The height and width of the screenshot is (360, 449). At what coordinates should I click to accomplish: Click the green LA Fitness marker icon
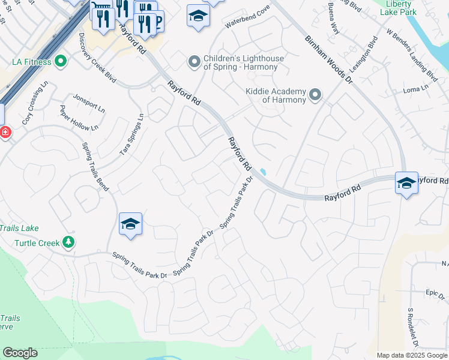pos(60,61)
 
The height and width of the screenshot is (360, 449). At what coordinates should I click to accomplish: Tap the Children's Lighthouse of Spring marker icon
pos(194,62)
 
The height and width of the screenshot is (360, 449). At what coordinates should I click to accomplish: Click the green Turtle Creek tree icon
pos(69,242)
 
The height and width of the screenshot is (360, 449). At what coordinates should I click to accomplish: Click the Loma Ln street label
pos(415,88)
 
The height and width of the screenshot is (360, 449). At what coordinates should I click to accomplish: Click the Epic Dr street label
pos(434,293)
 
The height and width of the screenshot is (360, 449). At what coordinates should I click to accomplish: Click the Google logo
pos(20,352)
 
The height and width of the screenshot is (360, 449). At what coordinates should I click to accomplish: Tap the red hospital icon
pos(5,132)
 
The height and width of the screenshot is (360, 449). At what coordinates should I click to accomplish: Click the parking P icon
pos(158,22)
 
